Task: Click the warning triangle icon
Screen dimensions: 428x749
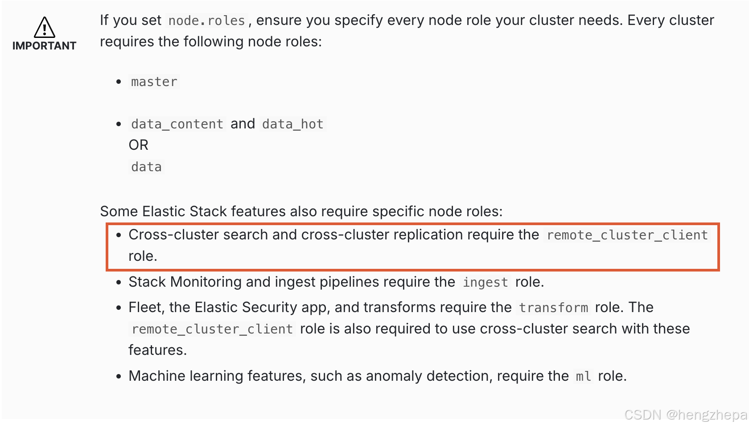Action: (45, 28)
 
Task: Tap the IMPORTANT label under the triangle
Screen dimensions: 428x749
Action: (44, 46)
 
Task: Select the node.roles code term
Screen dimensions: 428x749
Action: (206, 21)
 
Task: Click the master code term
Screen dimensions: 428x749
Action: (154, 82)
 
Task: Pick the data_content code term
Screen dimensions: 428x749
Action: (177, 124)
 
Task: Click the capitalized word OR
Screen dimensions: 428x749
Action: (138, 145)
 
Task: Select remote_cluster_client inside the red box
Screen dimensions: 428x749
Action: (627, 235)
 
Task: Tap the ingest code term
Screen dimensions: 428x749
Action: (485, 282)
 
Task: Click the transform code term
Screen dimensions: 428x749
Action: (553, 308)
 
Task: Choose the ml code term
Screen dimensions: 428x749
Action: (583, 376)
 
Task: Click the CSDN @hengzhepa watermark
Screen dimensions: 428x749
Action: (685, 415)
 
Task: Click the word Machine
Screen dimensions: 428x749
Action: (156, 376)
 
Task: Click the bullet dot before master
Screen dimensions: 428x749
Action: (119, 82)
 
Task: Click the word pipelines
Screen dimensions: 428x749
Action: (349, 282)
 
